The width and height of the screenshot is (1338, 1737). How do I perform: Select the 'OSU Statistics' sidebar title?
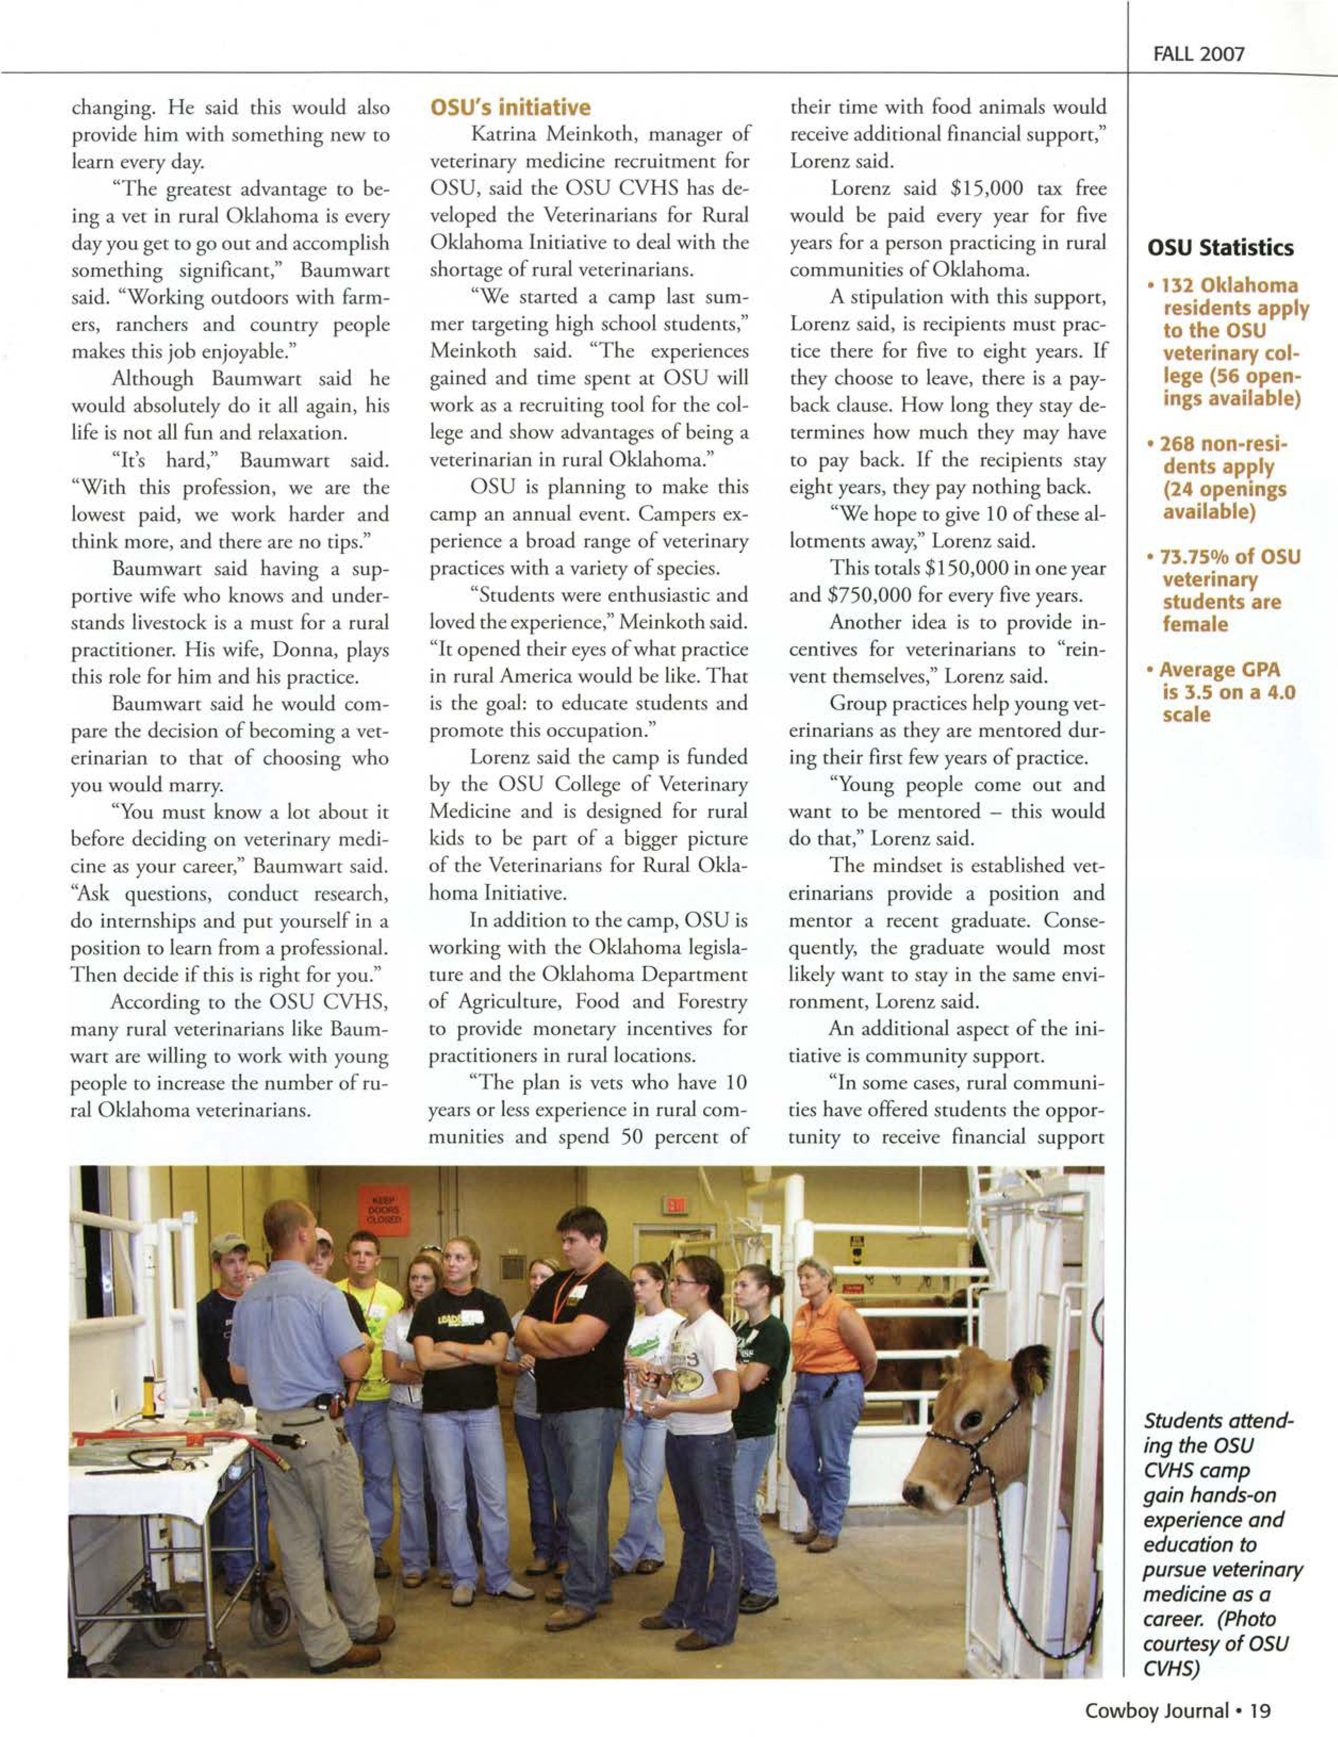[1220, 248]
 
